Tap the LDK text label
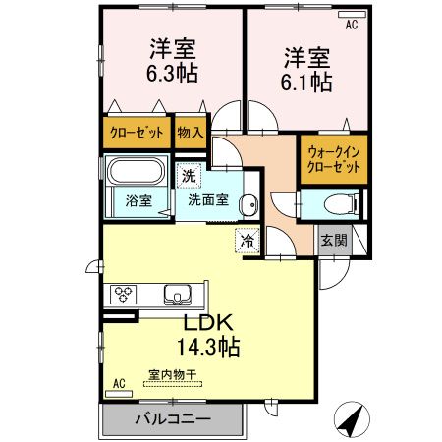203,324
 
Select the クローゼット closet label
136,131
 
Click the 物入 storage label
190,131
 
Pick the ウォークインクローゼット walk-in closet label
335,160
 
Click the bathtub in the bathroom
137,173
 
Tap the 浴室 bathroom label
138,201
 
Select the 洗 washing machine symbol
187,178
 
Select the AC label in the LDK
120,383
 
